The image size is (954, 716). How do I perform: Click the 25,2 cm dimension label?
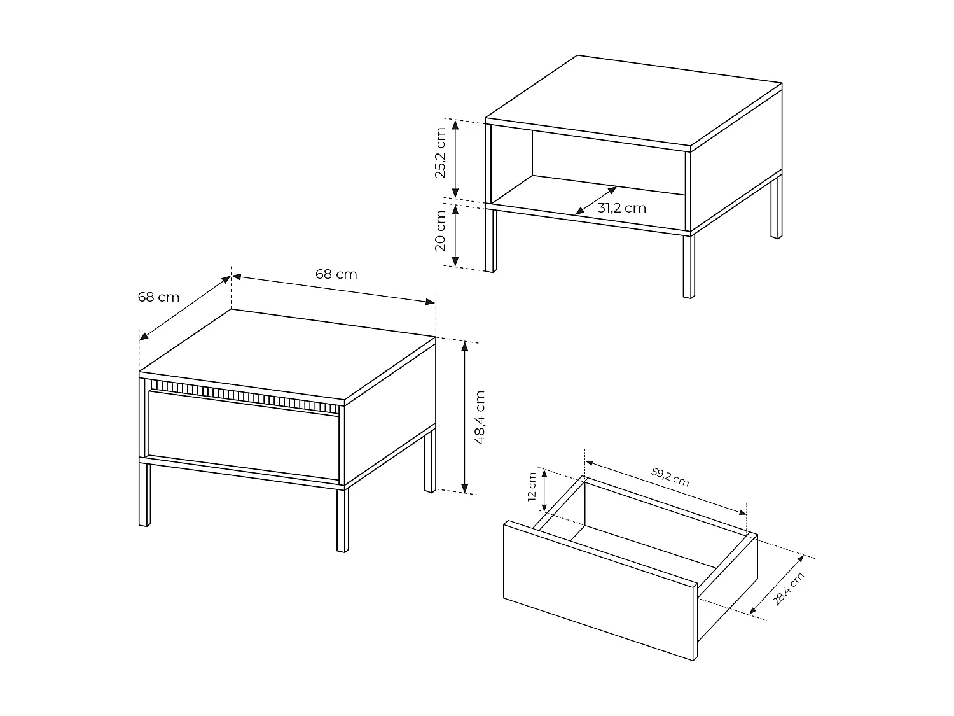441,153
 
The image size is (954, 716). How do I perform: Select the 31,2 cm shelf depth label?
621,208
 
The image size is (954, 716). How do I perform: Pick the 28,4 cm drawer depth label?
788,589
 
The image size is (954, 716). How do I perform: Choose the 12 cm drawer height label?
532,487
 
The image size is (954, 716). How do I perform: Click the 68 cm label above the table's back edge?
336,274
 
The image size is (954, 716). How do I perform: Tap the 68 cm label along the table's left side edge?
158,297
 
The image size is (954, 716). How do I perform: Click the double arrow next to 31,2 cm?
595,200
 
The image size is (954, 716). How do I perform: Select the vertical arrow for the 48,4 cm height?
466,417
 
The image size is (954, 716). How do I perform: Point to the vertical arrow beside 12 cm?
544,490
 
